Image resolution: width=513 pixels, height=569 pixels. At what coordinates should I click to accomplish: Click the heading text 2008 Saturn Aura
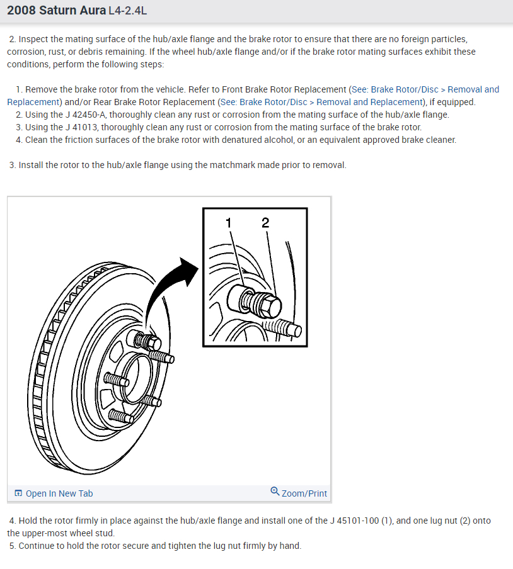pos(56,11)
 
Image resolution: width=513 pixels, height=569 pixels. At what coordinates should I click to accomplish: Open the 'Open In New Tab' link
pos(59,493)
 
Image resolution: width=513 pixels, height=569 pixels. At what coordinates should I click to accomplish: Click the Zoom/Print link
pos(304,493)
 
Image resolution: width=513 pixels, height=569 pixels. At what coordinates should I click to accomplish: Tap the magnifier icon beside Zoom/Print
pos(275,492)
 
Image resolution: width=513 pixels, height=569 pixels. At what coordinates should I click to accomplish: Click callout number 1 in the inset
pos(229,222)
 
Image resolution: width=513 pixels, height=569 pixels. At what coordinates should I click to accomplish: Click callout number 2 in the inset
pos(265,222)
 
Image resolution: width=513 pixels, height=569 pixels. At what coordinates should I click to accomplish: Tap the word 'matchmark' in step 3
pos(244,165)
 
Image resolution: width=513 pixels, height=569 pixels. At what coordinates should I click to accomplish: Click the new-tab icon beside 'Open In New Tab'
pos(18,493)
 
